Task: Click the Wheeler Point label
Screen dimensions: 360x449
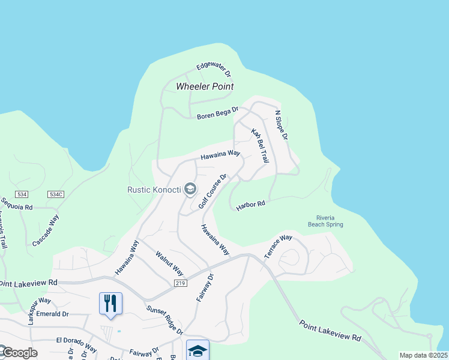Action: click(x=205, y=86)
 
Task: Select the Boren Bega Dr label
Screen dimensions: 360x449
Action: click(x=218, y=113)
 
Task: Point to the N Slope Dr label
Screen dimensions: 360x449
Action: click(x=282, y=125)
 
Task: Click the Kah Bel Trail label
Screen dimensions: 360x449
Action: click(x=259, y=146)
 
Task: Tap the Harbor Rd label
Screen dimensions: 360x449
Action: click(x=250, y=205)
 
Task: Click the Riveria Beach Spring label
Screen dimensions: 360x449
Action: click(x=330, y=221)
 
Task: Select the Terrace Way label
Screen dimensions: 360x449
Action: click(x=278, y=246)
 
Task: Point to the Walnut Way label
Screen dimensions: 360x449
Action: click(x=169, y=263)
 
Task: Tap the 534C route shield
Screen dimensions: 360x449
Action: click(x=56, y=194)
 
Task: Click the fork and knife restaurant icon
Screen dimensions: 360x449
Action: click(x=110, y=303)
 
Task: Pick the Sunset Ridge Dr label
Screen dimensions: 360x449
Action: click(x=164, y=320)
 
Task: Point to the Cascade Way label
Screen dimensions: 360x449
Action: click(x=46, y=230)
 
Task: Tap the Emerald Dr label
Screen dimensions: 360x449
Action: click(x=52, y=314)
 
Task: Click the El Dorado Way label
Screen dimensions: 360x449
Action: click(x=76, y=344)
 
